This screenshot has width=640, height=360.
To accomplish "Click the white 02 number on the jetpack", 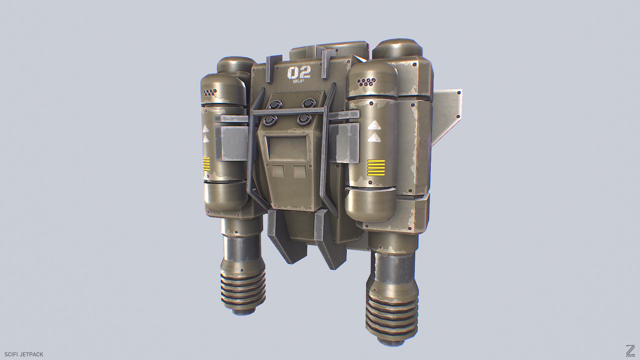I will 299,72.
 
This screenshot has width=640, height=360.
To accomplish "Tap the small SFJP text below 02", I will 299,81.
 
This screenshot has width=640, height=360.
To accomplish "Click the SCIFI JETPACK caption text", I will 24,354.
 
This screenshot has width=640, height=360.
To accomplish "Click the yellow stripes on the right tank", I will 376,168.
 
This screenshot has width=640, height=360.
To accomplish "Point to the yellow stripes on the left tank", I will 206,164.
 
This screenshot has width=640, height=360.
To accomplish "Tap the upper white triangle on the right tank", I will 374,126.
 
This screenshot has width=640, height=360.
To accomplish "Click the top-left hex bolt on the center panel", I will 274,104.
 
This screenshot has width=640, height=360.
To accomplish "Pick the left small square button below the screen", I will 278,171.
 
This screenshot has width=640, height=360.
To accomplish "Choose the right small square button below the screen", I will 300,171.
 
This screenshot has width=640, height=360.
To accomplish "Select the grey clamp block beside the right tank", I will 345,142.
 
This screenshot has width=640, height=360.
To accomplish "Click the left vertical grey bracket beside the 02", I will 269,69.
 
